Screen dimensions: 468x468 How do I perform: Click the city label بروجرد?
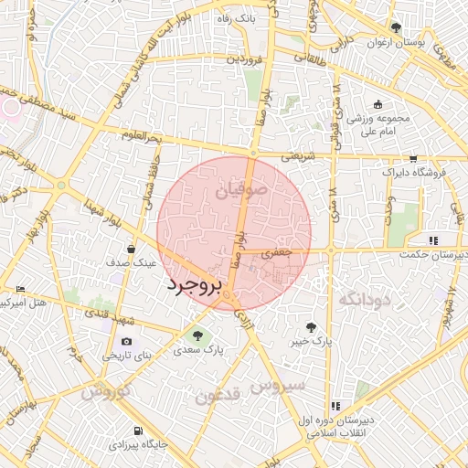pyautogui.click(x=195, y=287)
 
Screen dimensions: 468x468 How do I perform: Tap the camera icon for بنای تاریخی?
pyautogui.click(x=126, y=341)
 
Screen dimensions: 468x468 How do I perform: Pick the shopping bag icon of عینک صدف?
pyautogui.click(x=132, y=248)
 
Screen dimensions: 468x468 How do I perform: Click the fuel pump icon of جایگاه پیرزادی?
pyautogui.click(x=137, y=431)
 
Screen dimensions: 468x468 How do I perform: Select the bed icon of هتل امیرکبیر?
pyautogui.click(x=21, y=290)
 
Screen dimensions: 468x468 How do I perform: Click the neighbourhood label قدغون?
pyautogui.click(x=217, y=395)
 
